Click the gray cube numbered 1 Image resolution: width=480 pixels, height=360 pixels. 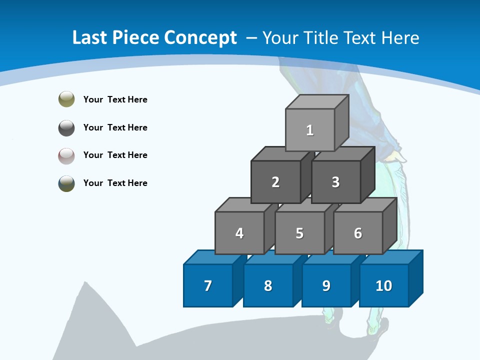310,130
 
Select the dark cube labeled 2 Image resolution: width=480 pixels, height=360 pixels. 275,182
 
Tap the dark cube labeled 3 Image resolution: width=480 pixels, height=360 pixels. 335,182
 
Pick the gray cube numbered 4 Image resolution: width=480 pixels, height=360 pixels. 239,233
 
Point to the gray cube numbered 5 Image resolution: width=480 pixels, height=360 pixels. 299,233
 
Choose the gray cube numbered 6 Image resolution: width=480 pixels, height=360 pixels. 358,233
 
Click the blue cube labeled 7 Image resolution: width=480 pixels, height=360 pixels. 208,285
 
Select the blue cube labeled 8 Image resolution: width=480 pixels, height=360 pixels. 268,285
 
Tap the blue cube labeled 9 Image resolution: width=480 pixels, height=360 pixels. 326,285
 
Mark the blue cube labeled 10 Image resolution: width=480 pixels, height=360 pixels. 384,285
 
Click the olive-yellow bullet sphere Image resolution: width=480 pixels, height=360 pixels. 66,99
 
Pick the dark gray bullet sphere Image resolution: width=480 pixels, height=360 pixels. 66,127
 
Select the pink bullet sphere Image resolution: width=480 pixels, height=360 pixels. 66,155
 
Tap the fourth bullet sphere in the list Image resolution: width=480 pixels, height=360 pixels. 66,183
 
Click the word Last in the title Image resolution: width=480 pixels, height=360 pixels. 90,37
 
